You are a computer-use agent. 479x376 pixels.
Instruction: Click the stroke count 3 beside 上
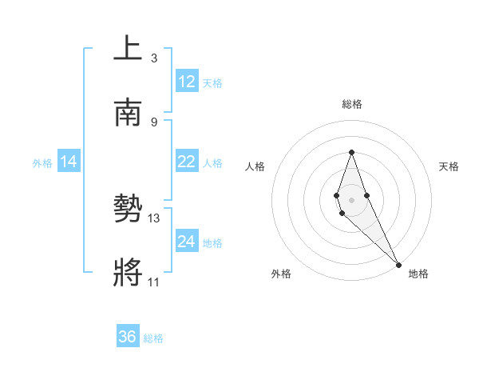coord(154,58)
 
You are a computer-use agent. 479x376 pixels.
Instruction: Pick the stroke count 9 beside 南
coord(154,122)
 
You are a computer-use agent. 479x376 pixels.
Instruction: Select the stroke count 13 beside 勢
coord(154,218)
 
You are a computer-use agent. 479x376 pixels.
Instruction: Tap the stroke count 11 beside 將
coord(154,282)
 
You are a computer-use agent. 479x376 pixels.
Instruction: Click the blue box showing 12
coord(187,82)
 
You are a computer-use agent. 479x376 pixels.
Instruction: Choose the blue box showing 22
coord(187,162)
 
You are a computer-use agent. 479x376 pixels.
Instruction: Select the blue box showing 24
coord(187,242)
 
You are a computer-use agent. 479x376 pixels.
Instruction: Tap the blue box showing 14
coord(69,162)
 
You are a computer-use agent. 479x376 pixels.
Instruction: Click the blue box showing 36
coord(128,337)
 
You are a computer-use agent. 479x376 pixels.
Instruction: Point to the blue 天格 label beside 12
coord(212,83)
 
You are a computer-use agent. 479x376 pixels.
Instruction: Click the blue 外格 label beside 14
coord(42,163)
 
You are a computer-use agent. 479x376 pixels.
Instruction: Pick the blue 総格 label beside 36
coord(153,338)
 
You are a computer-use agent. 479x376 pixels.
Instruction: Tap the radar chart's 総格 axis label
coord(351,104)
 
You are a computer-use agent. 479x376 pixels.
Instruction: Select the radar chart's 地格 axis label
coord(418,274)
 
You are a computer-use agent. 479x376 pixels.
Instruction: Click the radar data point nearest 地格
coord(398,263)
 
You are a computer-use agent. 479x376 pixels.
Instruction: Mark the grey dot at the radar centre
coord(351,198)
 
